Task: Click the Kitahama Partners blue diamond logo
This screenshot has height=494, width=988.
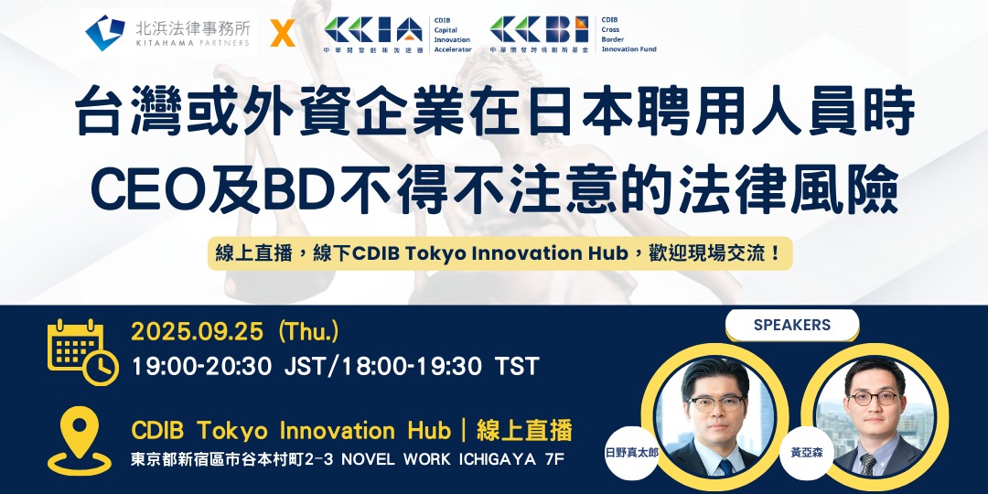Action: click(x=105, y=33)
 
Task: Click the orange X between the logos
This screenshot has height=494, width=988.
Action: click(x=283, y=33)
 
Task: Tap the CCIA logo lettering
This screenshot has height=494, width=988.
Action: click(x=373, y=30)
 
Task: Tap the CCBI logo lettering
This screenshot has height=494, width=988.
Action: click(x=539, y=30)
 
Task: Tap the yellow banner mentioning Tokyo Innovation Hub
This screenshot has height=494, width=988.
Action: click(x=499, y=254)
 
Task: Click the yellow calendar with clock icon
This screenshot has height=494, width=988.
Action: click(x=82, y=351)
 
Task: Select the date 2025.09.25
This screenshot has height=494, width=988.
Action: click(x=197, y=332)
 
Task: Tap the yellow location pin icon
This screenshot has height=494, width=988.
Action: click(x=80, y=440)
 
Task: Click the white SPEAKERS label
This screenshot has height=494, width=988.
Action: click(x=792, y=325)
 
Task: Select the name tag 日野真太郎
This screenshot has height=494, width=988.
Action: click(x=632, y=453)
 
